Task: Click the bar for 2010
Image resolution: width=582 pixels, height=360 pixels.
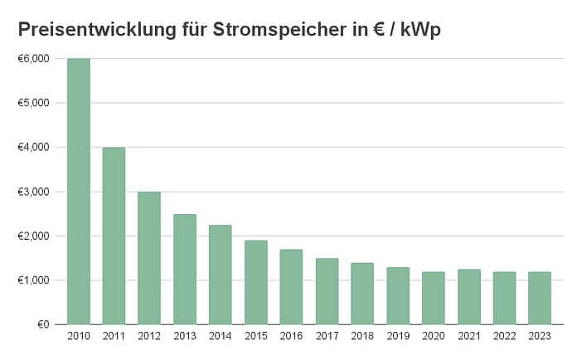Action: click(78, 192)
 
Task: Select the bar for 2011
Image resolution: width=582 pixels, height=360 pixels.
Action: click(114, 236)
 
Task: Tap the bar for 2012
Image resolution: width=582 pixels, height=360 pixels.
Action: click(149, 258)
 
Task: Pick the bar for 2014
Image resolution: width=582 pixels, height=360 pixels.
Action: click(220, 275)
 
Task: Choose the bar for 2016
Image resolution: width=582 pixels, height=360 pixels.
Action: click(291, 286)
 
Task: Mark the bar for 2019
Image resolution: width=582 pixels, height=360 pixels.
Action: click(398, 295)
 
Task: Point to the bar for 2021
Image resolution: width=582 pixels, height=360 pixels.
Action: click(468, 296)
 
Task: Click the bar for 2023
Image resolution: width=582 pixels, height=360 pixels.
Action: click(540, 298)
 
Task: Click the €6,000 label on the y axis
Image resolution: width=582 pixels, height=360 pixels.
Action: click(33, 59)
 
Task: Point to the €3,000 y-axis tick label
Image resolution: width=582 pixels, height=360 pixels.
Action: click(33, 192)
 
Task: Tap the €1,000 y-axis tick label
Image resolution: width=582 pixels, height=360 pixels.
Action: click(33, 280)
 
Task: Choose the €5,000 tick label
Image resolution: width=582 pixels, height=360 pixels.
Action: click(33, 103)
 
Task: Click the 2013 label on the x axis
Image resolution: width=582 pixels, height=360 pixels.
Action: click(184, 335)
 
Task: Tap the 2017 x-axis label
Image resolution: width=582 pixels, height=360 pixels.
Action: click(327, 335)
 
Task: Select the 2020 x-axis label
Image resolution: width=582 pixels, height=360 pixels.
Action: click(433, 335)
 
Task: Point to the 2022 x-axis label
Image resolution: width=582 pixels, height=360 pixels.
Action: click(504, 335)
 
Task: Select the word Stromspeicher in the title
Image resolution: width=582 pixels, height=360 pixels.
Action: click(295, 29)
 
